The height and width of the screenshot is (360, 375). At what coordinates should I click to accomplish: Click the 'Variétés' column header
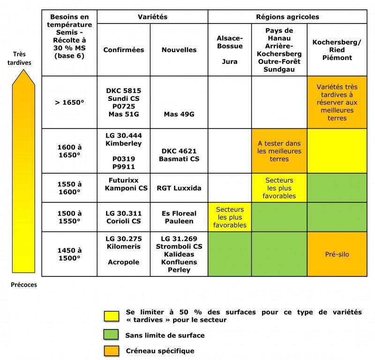coord(152,16)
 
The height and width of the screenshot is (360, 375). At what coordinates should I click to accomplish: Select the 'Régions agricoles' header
coord(287,16)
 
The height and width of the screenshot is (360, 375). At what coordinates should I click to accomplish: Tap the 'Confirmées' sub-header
coord(124,50)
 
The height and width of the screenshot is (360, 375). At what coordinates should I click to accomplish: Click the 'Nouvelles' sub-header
coord(179,50)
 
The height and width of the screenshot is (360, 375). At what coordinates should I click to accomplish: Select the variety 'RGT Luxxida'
coord(180,188)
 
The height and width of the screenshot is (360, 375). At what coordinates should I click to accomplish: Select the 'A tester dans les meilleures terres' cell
coord(279,151)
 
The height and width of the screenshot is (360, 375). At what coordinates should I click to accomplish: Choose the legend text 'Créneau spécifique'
coord(160,351)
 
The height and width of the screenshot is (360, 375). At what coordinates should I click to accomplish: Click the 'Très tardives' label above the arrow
coord(20,57)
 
